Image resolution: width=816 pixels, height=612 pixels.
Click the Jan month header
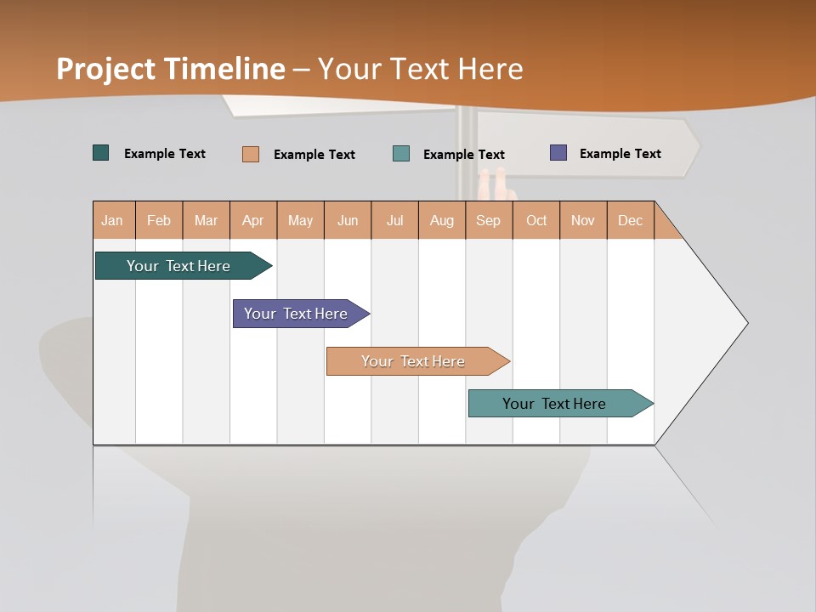click(113, 220)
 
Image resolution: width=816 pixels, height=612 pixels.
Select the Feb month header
click(159, 220)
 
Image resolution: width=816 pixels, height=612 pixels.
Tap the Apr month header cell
click(253, 220)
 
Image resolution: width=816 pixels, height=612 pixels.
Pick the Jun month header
click(348, 220)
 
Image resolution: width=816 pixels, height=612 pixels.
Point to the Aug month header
click(442, 220)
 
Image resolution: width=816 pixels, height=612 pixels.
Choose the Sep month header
click(489, 220)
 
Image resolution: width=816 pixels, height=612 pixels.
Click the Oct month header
click(536, 220)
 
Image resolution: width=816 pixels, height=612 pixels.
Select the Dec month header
click(631, 220)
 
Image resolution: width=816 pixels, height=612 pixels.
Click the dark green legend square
click(101, 153)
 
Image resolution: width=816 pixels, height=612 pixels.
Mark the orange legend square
click(251, 154)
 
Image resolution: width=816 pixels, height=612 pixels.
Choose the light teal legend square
click(401, 154)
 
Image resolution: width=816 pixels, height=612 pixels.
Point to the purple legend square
click(558, 153)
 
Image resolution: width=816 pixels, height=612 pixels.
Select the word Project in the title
click(107, 69)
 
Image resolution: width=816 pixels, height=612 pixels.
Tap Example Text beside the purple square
click(620, 154)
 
